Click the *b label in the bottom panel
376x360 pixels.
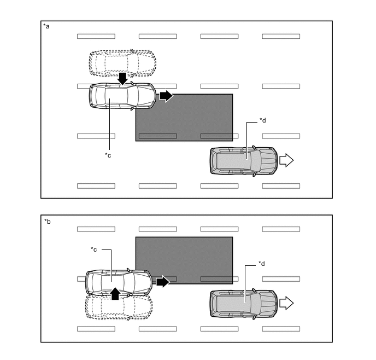click(x=46, y=221)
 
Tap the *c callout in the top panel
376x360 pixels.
click(x=108, y=155)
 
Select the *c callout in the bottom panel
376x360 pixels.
click(x=94, y=249)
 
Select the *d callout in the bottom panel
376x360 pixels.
click(x=262, y=264)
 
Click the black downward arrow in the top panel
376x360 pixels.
click(x=122, y=78)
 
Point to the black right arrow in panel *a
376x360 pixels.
click(x=166, y=96)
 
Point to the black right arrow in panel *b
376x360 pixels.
click(x=163, y=282)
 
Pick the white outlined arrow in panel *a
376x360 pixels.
click(x=286, y=160)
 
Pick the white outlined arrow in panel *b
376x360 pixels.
click(x=286, y=303)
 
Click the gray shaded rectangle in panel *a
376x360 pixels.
click(x=184, y=118)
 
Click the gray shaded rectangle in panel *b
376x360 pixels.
click(x=184, y=260)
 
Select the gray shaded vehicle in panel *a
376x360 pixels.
click(x=243, y=161)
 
